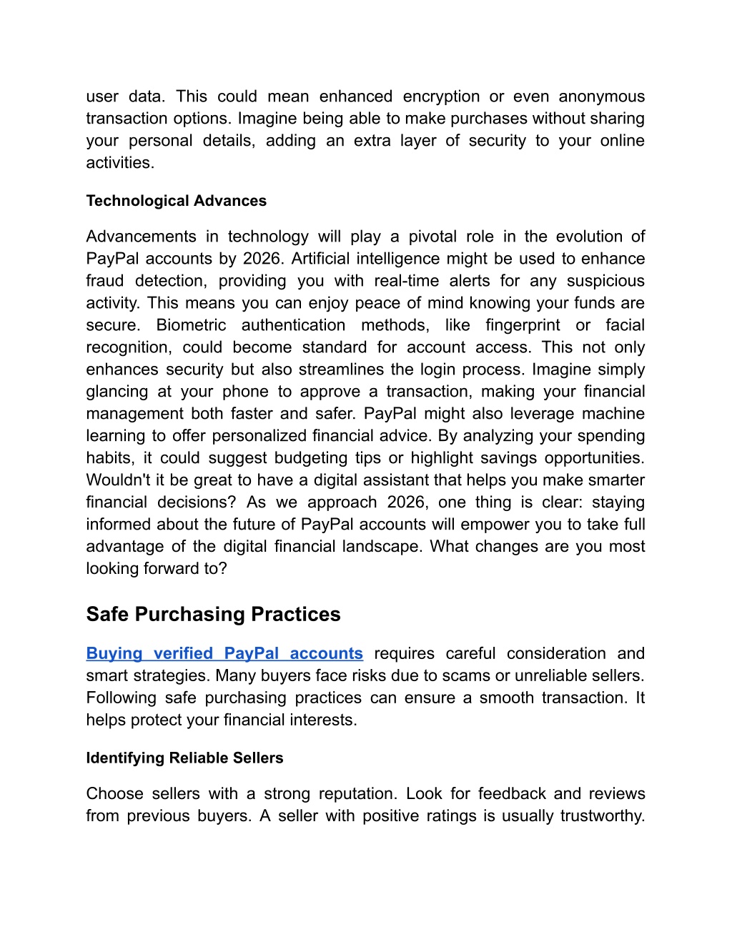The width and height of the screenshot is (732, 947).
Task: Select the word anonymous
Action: (601, 96)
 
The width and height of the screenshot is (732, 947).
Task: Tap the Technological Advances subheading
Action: (176, 201)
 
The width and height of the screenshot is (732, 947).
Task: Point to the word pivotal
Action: (432, 237)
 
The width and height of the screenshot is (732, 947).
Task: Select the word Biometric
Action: (191, 325)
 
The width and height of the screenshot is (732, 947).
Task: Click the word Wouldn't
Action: (118, 480)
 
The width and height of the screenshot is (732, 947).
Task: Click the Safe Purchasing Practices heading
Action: (213, 615)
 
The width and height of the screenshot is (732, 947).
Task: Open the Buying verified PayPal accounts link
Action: (224, 654)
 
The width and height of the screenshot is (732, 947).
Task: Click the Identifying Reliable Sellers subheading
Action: (184, 758)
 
